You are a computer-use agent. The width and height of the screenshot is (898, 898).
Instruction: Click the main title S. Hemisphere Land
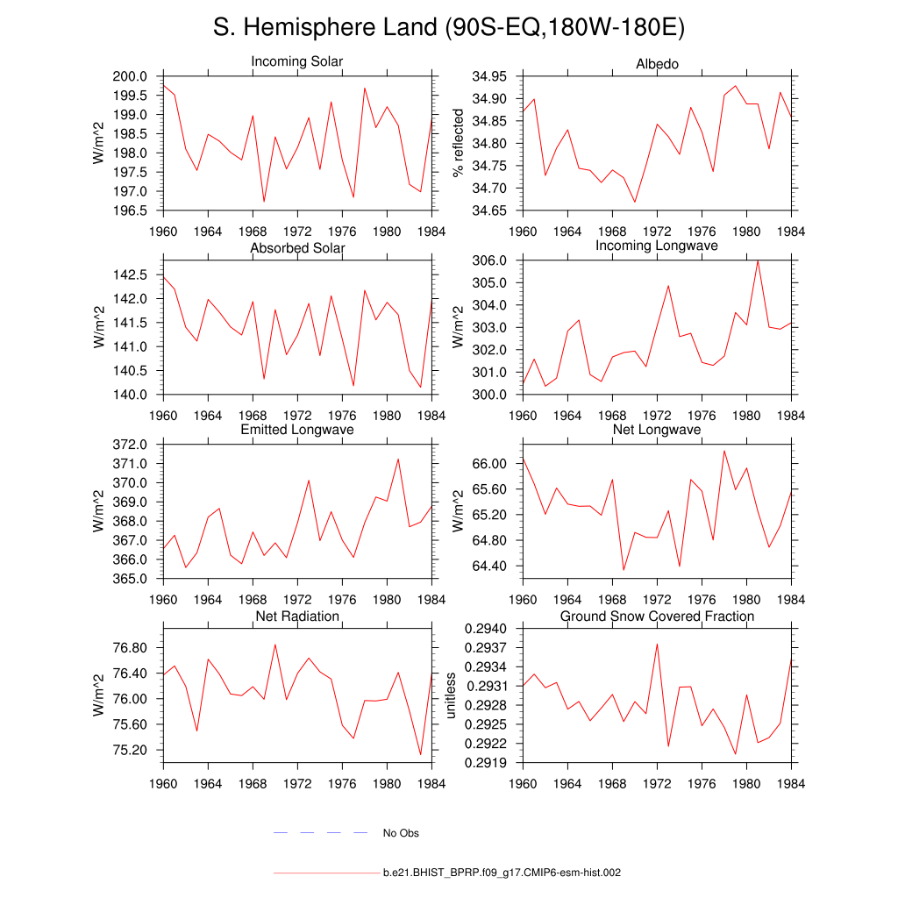click(448, 28)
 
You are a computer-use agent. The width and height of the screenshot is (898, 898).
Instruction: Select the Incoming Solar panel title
click(297, 62)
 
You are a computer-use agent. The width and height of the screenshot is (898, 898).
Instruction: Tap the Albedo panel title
click(657, 65)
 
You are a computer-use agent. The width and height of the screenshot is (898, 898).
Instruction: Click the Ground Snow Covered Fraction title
click(657, 616)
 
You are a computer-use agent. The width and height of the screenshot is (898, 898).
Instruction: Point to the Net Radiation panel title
click(297, 616)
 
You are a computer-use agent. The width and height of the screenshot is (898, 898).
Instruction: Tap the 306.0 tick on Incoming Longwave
click(489, 260)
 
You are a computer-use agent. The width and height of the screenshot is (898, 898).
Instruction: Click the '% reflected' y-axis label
click(456, 143)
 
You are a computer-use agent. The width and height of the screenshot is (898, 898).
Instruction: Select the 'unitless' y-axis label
click(452, 695)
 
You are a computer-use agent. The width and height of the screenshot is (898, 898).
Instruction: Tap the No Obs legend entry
click(401, 833)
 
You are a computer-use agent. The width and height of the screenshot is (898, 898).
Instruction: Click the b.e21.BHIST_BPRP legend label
click(502, 873)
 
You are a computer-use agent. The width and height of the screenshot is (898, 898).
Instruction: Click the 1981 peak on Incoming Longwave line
click(758, 260)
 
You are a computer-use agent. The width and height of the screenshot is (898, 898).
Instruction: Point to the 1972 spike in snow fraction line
click(657, 644)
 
